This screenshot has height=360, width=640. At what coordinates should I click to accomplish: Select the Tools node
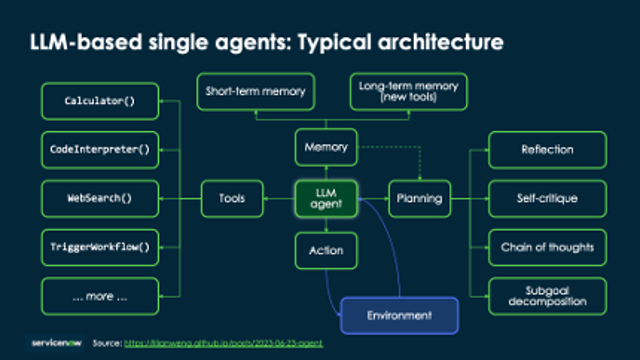232,198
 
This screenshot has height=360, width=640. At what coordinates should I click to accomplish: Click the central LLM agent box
326,198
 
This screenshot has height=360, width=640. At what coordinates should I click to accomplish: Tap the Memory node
326,147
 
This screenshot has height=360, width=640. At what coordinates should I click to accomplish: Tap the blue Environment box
399,315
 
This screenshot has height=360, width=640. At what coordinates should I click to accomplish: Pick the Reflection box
546,150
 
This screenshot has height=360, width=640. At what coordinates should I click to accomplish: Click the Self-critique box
546,198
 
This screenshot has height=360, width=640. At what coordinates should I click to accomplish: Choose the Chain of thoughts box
546,246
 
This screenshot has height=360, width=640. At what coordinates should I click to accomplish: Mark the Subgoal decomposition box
546,295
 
